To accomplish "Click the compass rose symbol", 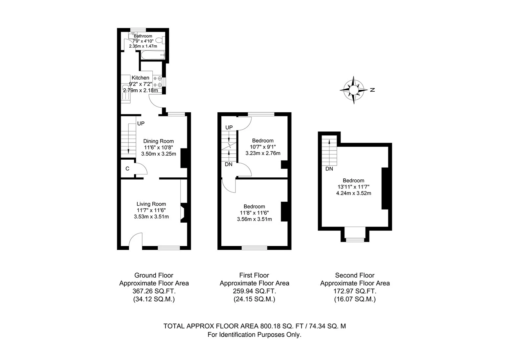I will (x=353, y=90).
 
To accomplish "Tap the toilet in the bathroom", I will (x=160, y=40).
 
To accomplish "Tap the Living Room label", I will (x=151, y=204).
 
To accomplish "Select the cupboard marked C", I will (x=127, y=169).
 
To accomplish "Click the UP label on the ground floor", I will (x=141, y=124).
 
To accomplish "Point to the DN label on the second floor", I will (x=329, y=169).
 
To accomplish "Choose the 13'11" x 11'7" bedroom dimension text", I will (x=353, y=187).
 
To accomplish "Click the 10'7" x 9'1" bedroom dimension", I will (x=263, y=147).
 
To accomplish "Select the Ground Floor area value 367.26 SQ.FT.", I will (x=154, y=291).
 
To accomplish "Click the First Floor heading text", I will (x=254, y=275).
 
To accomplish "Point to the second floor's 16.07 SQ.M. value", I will (x=355, y=299).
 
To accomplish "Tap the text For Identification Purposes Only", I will (x=254, y=335).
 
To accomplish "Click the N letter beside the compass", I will (x=372, y=90).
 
